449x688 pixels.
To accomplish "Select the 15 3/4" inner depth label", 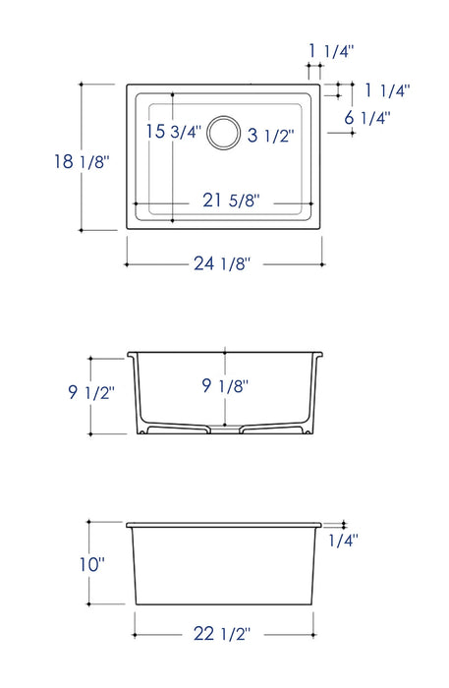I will tap(173, 132).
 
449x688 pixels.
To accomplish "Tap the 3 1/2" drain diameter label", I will tap(270, 136).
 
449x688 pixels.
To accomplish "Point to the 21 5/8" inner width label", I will tap(231, 201).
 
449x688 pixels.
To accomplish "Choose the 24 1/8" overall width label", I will tap(223, 263).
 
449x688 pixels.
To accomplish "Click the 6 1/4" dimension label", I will tap(368, 117).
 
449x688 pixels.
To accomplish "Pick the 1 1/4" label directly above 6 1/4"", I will tap(386, 90).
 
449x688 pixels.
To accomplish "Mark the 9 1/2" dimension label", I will tap(91, 392).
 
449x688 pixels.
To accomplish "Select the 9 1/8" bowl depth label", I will tap(226, 385).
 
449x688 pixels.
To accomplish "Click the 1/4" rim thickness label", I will tap(343, 540).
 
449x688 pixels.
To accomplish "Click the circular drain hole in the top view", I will tap(224, 134).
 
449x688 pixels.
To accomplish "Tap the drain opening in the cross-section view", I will tap(225, 430).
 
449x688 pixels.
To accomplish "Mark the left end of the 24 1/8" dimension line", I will tap(126, 263).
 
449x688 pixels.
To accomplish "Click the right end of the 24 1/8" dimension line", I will tap(324, 263).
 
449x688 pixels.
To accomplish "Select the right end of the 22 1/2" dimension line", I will tap(314, 633).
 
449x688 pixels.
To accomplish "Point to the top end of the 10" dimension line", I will tap(89, 522).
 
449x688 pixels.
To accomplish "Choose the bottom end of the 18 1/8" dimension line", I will tap(81, 230).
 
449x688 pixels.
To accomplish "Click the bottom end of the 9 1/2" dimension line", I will tap(90, 433).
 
